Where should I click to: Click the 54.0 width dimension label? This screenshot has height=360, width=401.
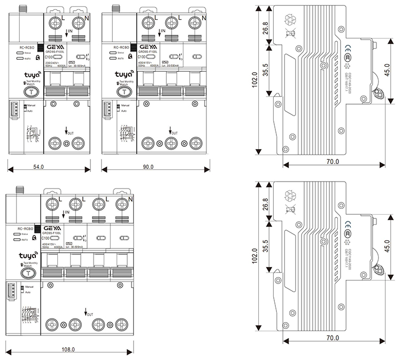click(x=38, y=167)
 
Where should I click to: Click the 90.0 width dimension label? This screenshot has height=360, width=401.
click(x=148, y=167)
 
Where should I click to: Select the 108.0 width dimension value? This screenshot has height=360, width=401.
click(x=68, y=350)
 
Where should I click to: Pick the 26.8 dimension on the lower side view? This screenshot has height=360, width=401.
click(x=266, y=205)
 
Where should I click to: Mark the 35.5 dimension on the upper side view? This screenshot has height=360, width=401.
click(x=266, y=69)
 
